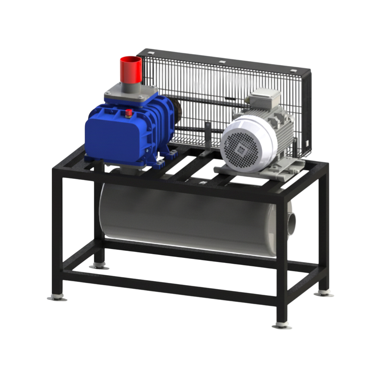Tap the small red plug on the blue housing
tap(128, 113)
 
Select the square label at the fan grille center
tap(241, 150)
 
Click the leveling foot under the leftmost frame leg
tap(57, 297)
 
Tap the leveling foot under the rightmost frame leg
tap(324, 293)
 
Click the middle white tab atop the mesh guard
tap(221, 62)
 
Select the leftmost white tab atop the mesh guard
tap(150, 53)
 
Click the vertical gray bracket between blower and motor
tap(208, 138)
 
